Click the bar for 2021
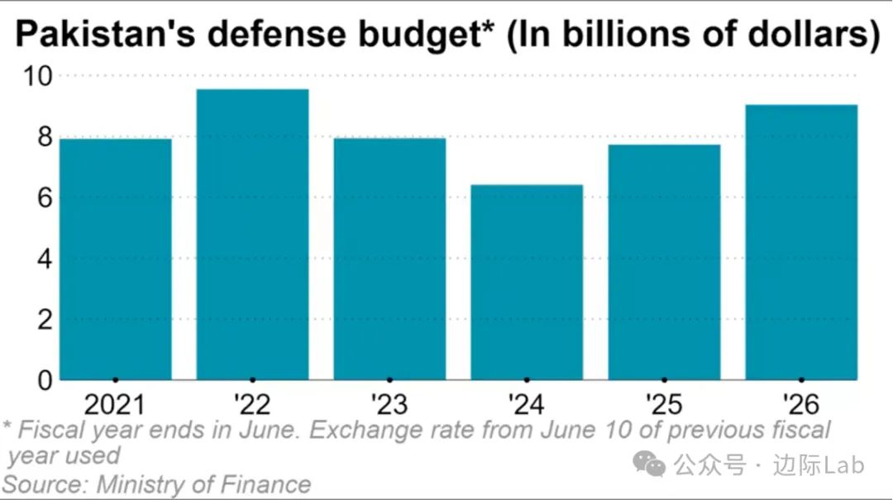tap(116, 260)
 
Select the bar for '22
tap(252, 235)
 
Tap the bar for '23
tap(389, 260)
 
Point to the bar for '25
tap(664, 263)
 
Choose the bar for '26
tap(801, 243)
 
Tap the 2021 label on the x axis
tap(116, 405)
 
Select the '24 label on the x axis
tap(527, 405)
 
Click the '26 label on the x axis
tap(801, 405)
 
